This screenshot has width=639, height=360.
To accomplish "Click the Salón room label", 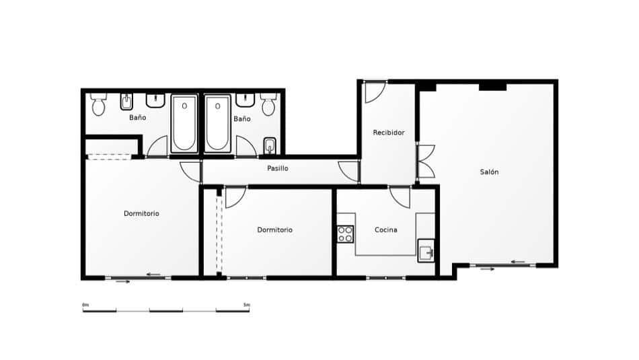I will pos(489,172).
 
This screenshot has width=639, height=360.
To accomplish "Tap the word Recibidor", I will pos(389,133).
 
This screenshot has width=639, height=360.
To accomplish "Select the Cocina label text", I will pos(385,230).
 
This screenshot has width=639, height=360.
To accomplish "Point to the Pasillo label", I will pos(277,168).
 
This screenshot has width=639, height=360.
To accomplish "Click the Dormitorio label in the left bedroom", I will pos(141,213).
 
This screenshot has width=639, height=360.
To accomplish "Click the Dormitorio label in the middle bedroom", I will pos(274,230).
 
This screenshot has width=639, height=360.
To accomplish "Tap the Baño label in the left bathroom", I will pos(137,118).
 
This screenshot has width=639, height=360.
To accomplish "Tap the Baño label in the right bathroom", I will pos(242,119).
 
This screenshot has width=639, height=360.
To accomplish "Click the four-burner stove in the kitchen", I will pos(345,233).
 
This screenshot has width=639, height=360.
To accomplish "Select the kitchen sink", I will pos(425,253).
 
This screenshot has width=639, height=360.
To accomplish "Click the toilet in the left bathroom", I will pos(98,104).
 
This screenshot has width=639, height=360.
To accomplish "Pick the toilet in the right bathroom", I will pos(269,105).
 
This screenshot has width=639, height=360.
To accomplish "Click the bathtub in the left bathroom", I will pos(184,124).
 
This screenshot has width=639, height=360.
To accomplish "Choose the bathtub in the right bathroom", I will pos(218,124).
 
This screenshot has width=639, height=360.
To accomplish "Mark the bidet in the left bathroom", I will pos(126,102).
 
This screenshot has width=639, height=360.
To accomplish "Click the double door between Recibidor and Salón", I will pos(425,161).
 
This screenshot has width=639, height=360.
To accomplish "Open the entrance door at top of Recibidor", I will pos(374,92).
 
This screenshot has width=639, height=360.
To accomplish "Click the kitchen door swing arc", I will pos(400,196).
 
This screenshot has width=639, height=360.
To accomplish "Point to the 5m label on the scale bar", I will pos(246,305).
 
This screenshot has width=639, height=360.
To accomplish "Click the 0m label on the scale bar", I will pos(85,305).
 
